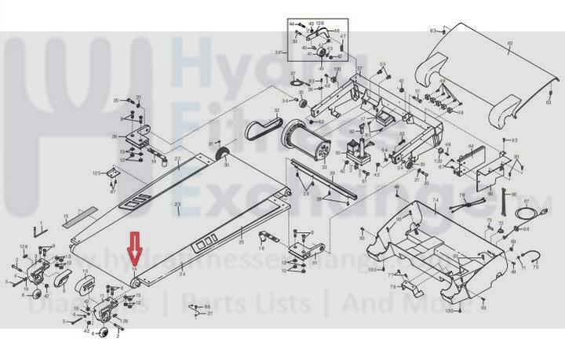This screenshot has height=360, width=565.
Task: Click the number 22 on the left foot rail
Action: (x=177, y=159)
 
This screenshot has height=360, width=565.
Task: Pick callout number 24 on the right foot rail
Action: (x=182, y=275)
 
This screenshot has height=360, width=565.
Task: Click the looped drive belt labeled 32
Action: (x=259, y=130)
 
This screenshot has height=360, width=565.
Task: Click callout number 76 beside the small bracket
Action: (x=392, y=287)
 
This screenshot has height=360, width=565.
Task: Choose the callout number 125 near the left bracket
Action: (x=97, y=173)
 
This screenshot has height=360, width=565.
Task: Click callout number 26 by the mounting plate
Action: (x=115, y=136)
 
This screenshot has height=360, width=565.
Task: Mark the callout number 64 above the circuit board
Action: (x=471, y=146)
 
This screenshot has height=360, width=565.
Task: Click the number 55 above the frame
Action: (x=384, y=64)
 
